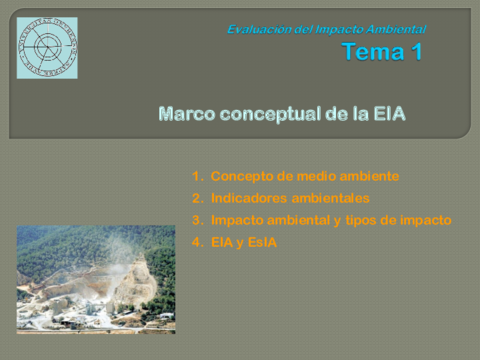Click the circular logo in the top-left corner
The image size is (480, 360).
[x=46, y=47]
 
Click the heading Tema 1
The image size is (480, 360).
[x=381, y=53]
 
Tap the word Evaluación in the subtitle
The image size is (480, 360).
[x=256, y=29]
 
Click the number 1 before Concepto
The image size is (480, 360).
[x=197, y=176]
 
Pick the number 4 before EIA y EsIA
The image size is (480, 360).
[x=197, y=242]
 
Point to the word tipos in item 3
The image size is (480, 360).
[x=363, y=220]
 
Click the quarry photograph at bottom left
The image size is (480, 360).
[x=95, y=279]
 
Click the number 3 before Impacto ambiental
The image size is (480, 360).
[x=197, y=220]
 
